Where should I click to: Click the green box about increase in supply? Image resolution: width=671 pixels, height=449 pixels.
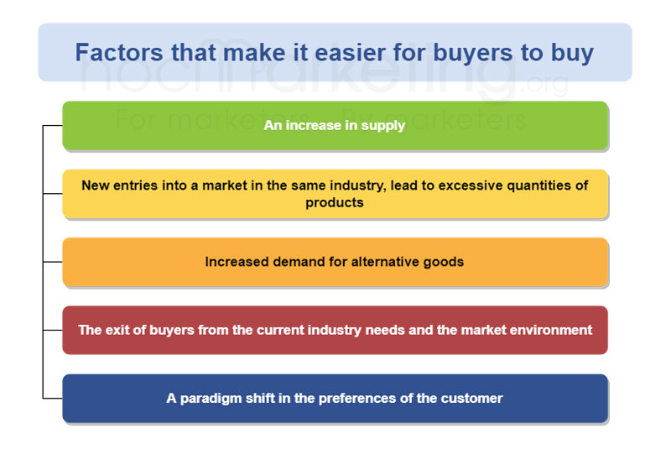click(x=335, y=126)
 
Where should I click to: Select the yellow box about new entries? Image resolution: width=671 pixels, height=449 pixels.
click(x=335, y=194)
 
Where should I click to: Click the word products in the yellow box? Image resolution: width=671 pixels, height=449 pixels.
click(x=335, y=203)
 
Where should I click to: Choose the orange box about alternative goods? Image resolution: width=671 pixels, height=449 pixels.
click(x=335, y=262)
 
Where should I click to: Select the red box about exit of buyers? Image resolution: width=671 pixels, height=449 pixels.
click(x=335, y=330)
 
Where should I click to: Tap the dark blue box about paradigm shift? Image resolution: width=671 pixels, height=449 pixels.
click(x=335, y=398)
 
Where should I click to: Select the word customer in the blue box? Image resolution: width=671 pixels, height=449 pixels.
click(x=473, y=398)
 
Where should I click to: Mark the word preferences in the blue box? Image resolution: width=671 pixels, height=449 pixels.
click(x=341, y=398)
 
